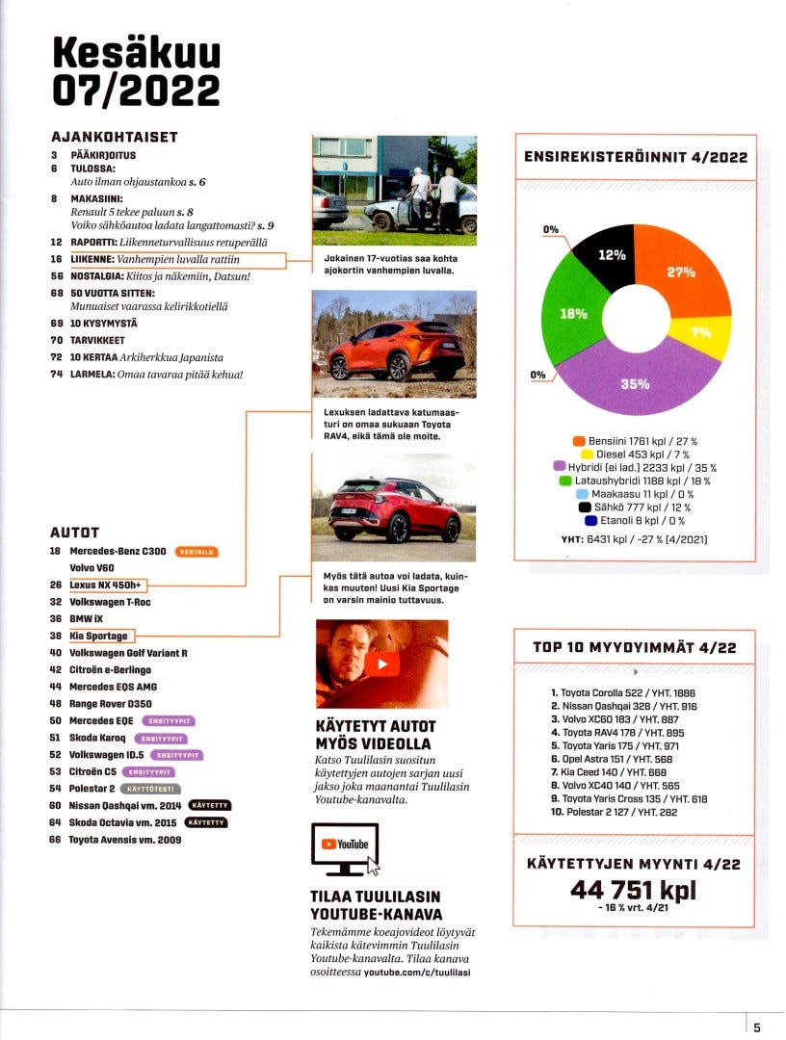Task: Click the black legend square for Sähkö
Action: [584, 507]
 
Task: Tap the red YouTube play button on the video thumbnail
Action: [382, 663]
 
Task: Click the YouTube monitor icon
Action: [345, 847]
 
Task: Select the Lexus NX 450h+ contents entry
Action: [108, 585]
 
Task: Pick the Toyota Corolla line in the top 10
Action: [622, 692]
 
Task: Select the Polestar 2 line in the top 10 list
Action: [622, 812]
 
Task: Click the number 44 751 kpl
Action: [633, 890]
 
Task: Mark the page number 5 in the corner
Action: [758, 1027]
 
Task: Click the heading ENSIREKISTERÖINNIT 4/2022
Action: [634, 157]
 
